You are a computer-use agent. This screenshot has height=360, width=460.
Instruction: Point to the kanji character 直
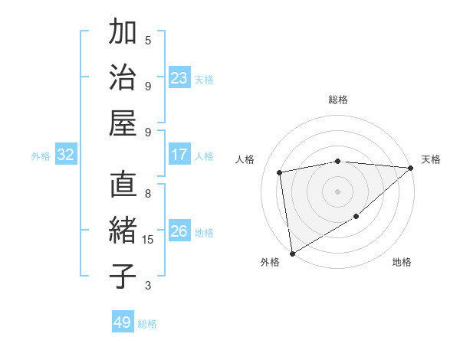[123, 186]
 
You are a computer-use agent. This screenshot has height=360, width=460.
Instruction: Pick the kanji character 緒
[123, 231]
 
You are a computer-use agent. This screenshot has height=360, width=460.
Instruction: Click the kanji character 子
[123, 275]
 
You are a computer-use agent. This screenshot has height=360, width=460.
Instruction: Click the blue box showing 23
[179, 78]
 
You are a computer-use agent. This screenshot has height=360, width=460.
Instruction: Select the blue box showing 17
[179, 155]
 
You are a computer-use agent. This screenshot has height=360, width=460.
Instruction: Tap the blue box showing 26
[179, 231]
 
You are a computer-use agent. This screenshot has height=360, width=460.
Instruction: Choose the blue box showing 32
[66, 155]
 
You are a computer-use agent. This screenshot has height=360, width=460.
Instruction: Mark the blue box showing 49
[123, 322]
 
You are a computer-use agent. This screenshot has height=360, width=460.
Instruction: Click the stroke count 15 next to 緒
[149, 239]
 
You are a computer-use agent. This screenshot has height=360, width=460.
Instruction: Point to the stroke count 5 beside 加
[148, 40]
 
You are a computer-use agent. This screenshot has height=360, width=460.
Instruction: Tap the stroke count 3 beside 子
[148, 286]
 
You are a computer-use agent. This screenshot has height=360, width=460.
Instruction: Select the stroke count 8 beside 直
[148, 194]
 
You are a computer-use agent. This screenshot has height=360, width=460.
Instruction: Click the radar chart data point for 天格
[411, 169]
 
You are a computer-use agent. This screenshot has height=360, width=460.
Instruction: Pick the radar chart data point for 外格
[292, 253]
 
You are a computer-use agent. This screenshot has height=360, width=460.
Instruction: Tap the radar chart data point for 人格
[281, 172]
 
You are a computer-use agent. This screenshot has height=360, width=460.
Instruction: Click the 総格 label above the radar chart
[338, 100]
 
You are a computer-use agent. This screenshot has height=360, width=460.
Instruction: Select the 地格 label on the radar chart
[402, 263]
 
